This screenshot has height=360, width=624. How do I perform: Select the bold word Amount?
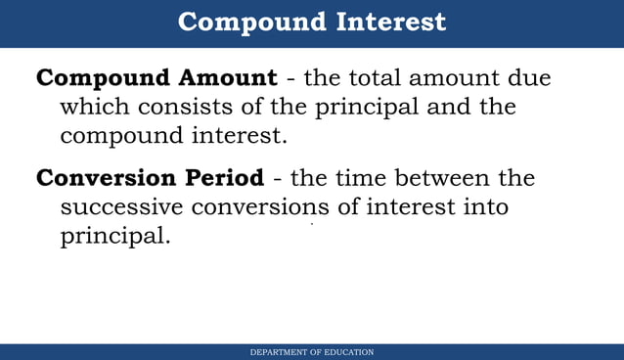tap(228, 78)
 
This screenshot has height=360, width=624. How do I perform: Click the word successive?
tap(122, 207)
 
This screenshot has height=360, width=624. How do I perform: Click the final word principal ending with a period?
tap(115, 237)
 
